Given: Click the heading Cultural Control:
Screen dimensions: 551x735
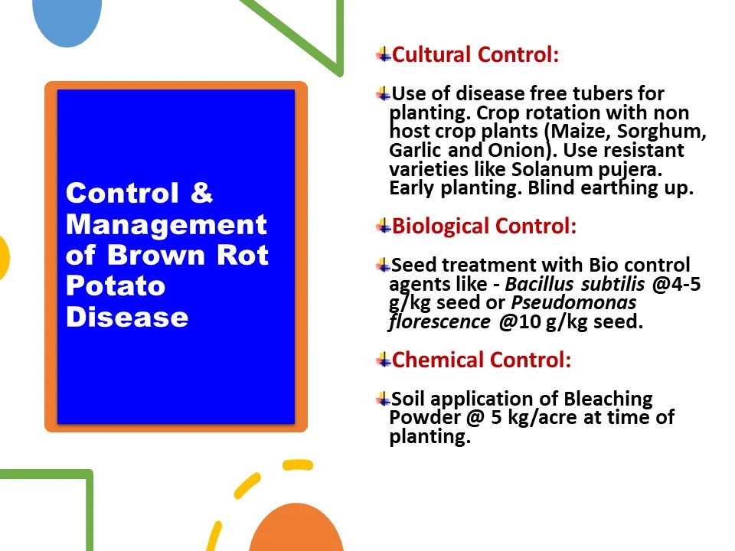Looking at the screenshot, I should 475,55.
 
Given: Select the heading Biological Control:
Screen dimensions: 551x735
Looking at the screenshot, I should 484,227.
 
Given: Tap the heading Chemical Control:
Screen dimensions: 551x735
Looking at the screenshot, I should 482,360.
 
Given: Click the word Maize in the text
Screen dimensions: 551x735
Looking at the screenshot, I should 577,131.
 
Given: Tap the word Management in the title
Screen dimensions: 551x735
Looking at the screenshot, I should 166,224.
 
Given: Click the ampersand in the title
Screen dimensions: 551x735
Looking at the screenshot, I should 201,193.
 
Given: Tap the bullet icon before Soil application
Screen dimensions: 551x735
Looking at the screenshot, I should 384,399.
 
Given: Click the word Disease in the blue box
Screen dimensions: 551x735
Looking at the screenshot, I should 127,316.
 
